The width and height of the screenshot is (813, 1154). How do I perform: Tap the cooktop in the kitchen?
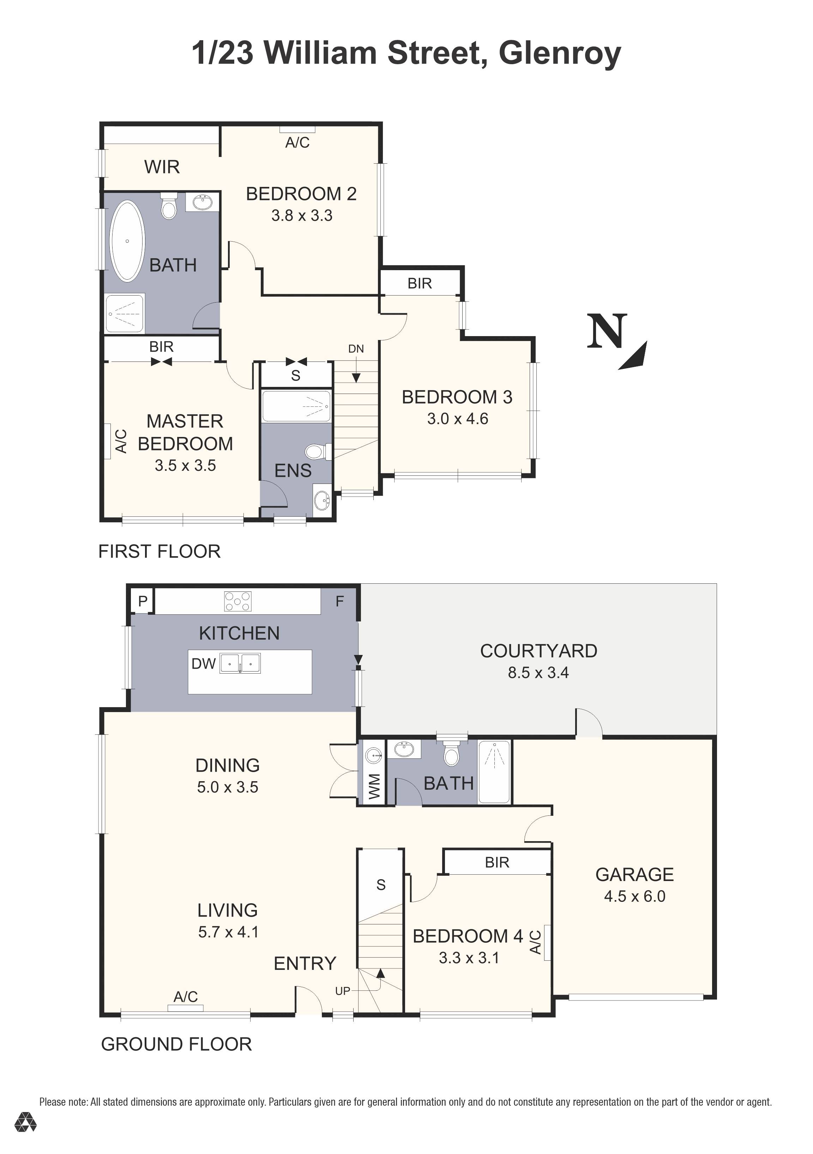tap(238, 601)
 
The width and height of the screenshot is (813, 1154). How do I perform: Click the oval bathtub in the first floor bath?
tap(127, 241)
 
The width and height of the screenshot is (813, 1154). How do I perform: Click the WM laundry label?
tap(375, 786)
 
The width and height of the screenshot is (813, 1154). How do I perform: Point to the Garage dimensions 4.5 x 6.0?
tap(634, 896)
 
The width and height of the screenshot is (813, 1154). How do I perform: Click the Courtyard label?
tap(538, 651)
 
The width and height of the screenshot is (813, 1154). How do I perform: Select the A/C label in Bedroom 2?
tap(297, 143)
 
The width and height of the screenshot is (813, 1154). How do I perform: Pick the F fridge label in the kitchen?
tap(339, 601)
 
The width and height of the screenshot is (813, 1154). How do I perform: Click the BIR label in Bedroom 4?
tap(497, 862)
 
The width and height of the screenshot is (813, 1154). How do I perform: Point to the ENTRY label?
tap(305, 964)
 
